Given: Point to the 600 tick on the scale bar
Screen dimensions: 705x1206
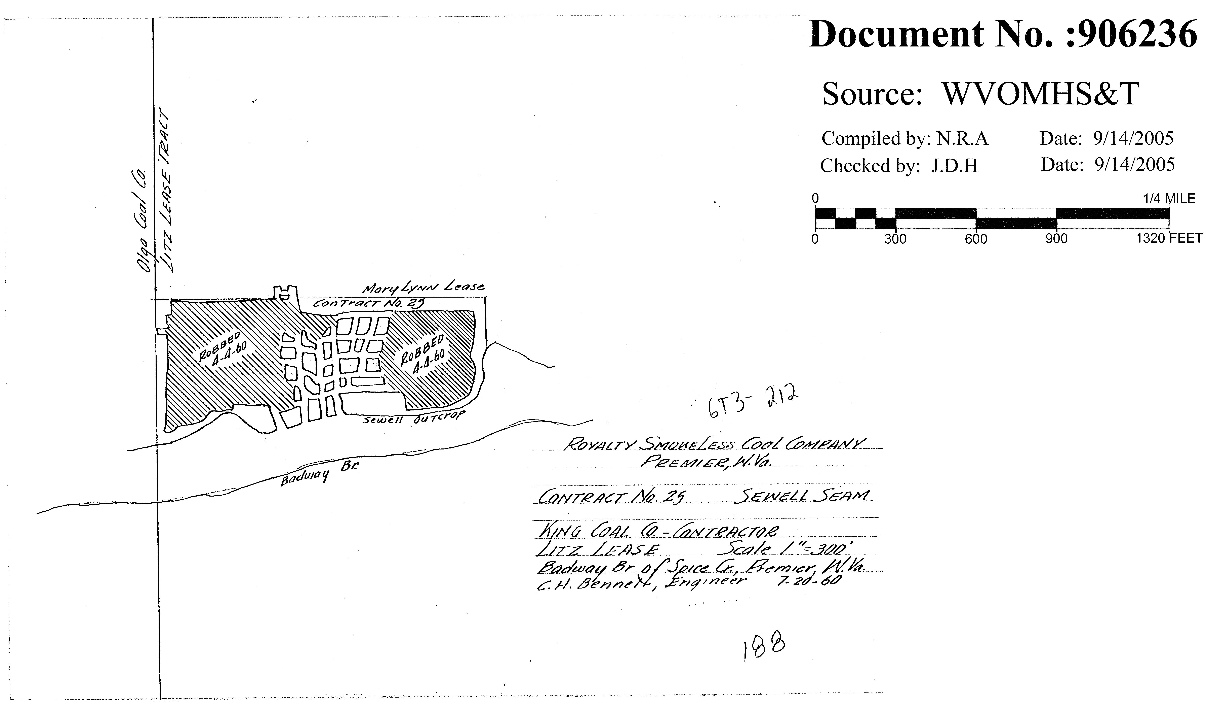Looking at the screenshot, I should [976, 238].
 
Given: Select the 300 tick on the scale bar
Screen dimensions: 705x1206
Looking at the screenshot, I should [895, 238].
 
